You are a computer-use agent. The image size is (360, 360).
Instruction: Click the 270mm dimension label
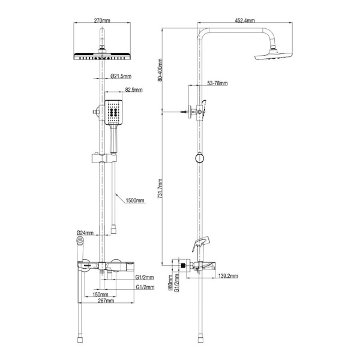tap(103, 20)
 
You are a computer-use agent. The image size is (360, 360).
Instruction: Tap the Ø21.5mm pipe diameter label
tap(122, 76)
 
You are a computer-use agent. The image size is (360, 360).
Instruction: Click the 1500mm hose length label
tap(136, 201)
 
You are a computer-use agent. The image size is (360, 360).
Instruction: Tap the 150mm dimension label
tap(101, 295)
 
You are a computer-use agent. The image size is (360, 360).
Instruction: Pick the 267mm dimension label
tap(106, 301)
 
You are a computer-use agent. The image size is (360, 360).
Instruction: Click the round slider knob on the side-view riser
tap(199, 159)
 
